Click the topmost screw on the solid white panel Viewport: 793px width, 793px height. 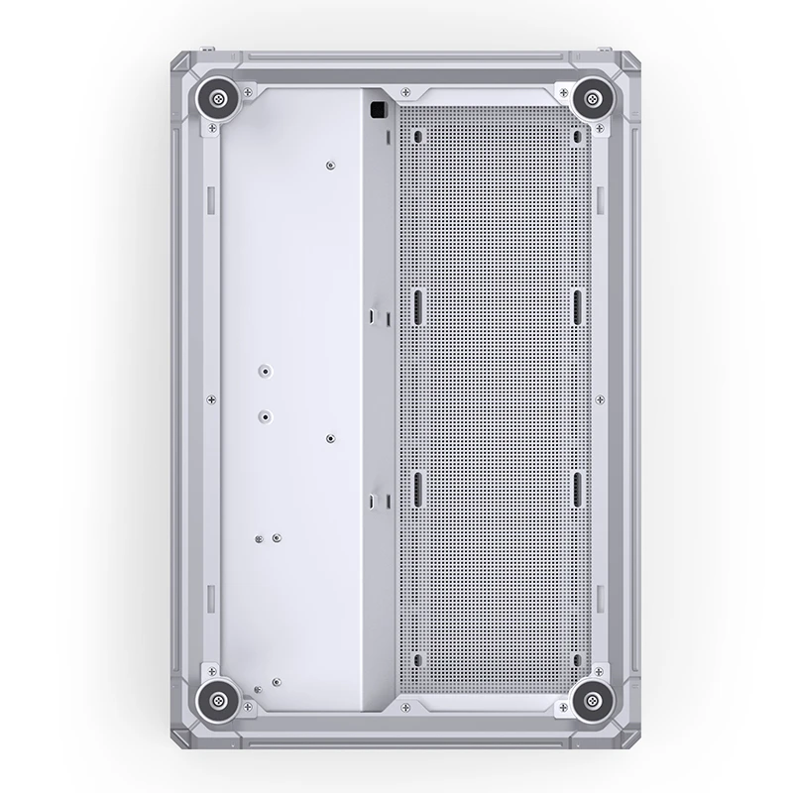click(330, 165)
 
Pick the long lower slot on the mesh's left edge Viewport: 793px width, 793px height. click(417, 489)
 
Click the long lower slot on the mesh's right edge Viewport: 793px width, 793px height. click(577, 489)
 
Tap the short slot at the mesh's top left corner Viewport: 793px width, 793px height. click(417, 136)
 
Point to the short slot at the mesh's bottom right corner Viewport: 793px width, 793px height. click(577, 657)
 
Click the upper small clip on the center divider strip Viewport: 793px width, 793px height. click(374, 316)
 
